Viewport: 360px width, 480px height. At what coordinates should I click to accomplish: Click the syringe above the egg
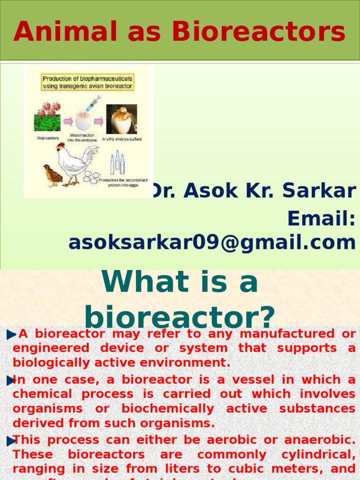(92, 103)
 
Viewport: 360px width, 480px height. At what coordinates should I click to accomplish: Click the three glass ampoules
(117, 162)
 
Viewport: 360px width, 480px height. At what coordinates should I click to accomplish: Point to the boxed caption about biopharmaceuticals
(88, 82)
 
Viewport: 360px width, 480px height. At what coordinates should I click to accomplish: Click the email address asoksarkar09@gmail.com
(212, 243)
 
